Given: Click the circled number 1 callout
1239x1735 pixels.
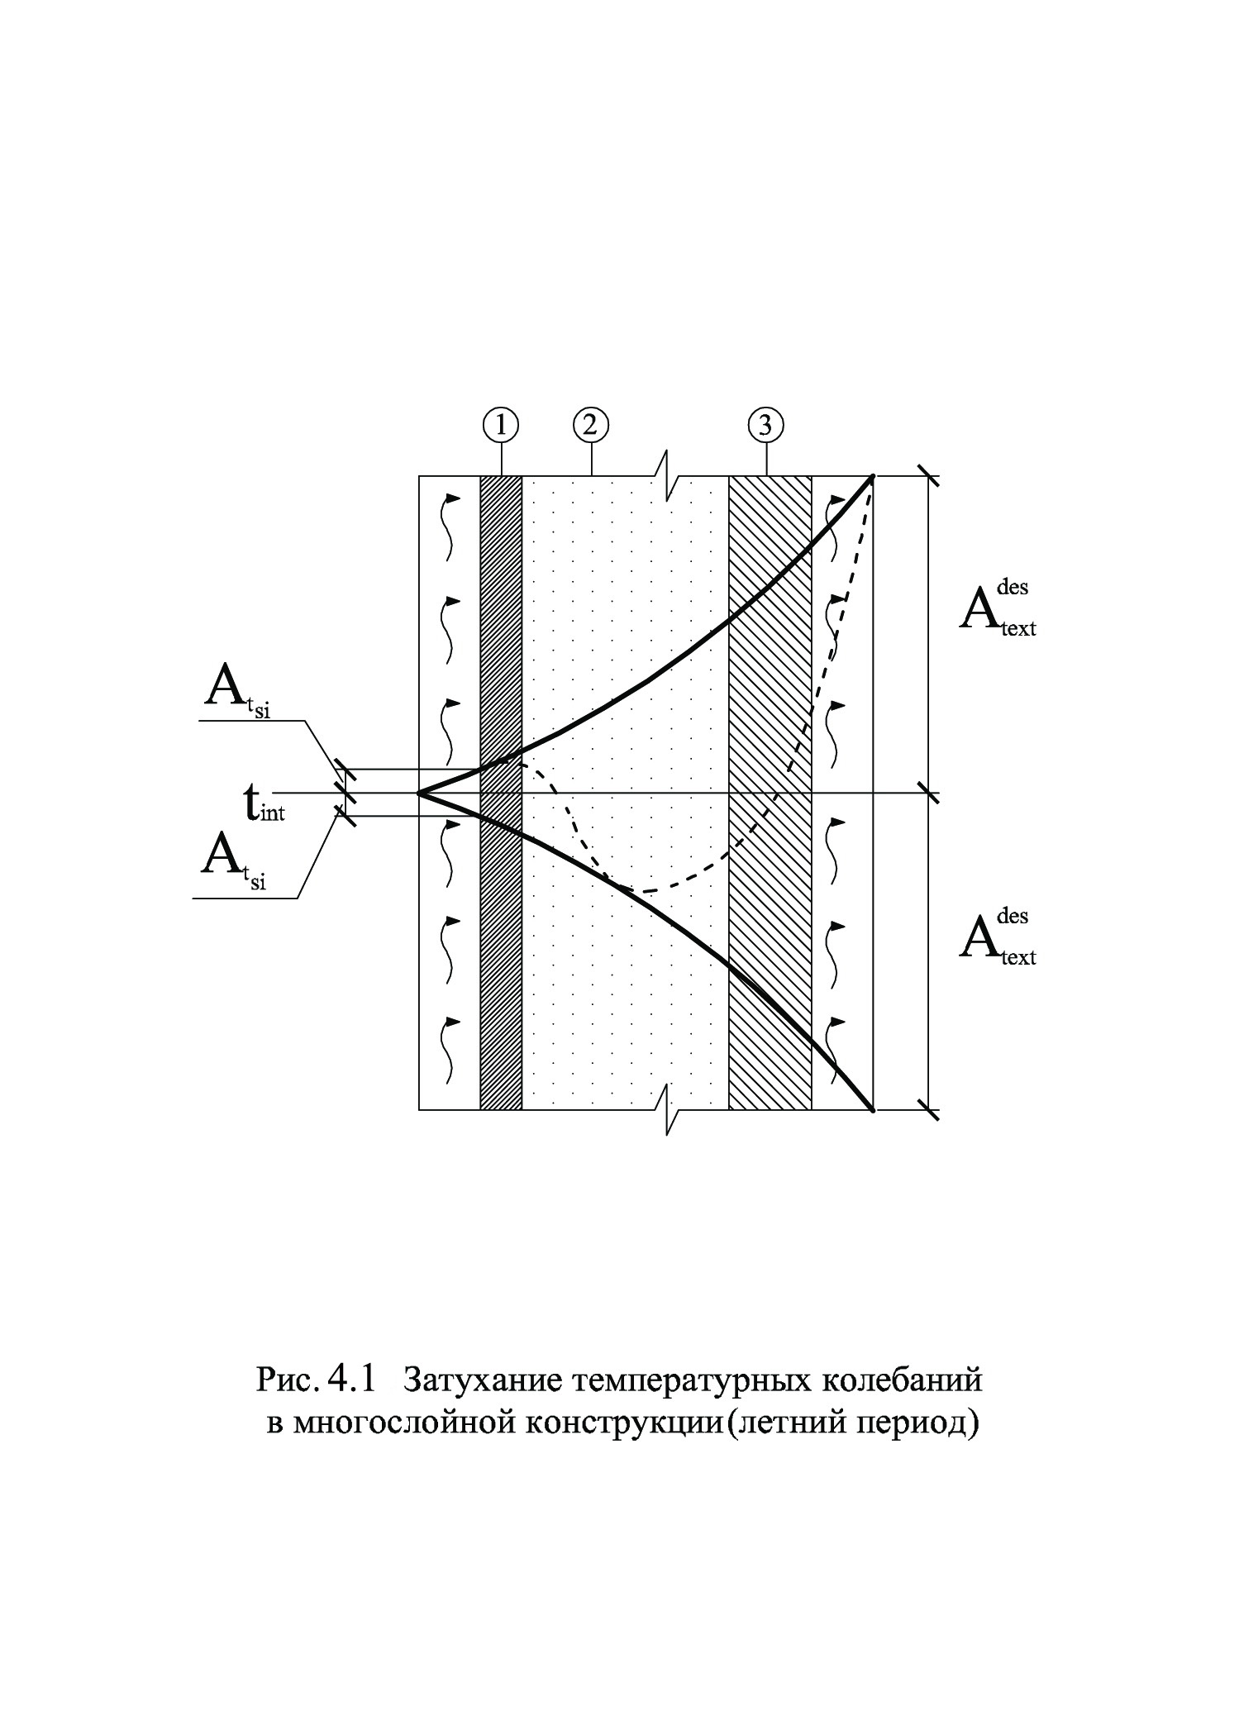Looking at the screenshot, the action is [502, 425].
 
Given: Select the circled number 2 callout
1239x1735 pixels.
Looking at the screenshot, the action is [591, 425].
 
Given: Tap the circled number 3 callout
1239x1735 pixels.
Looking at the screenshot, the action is [765, 425].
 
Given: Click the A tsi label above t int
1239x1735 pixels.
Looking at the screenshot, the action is [237, 691].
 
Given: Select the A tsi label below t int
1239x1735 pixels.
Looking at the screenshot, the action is [234, 863].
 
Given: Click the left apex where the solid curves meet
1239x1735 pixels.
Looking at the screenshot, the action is [420, 794].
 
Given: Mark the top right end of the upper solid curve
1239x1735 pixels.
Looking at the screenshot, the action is [873, 476].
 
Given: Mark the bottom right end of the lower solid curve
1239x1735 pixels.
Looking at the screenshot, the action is [873, 1110].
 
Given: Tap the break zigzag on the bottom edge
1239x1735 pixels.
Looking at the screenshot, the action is [668, 1109].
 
